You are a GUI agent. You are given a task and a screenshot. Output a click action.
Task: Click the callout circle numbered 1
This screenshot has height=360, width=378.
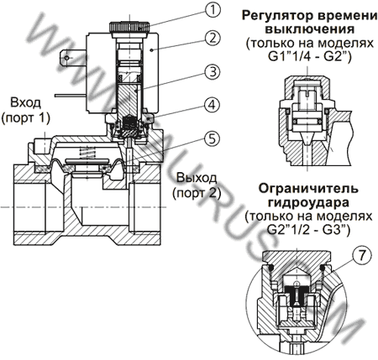214,11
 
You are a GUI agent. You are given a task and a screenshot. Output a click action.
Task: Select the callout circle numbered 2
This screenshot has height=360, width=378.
214,38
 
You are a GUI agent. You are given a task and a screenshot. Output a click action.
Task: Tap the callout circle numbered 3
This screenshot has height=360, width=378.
214,71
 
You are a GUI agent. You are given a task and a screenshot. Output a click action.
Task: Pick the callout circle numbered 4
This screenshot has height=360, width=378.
214,106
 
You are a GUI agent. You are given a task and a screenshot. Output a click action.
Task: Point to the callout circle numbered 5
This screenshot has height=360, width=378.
214,139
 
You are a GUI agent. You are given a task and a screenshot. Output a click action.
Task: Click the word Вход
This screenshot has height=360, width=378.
24,102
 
